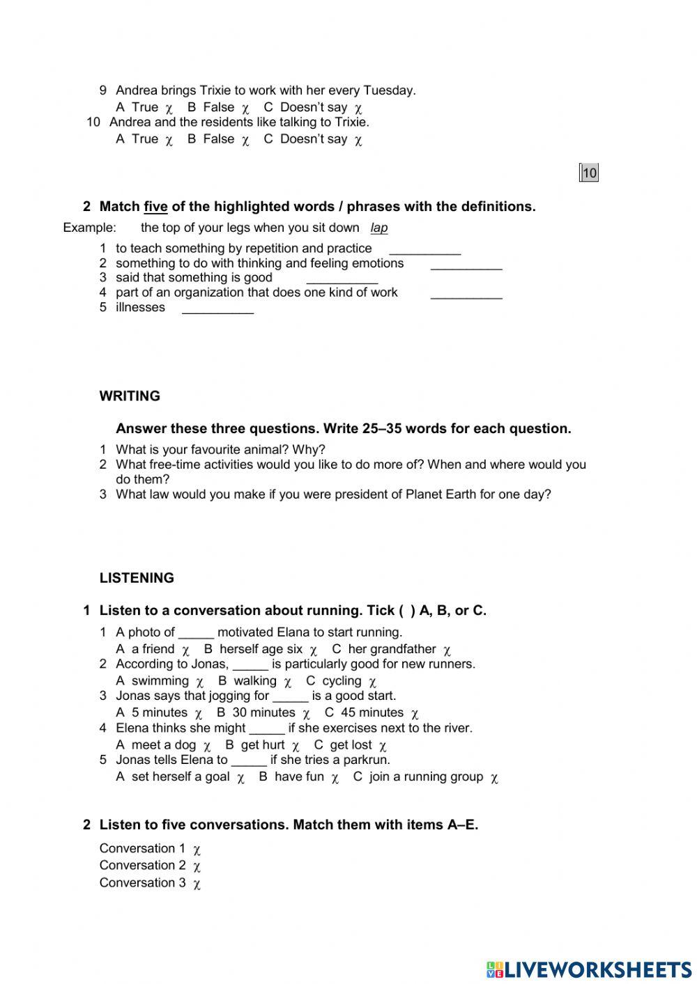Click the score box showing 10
click(x=589, y=173)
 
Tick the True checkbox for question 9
click(x=169, y=109)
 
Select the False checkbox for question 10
click(x=245, y=141)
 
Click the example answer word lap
click(x=379, y=228)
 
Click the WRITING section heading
click(x=130, y=396)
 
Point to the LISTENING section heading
click(x=137, y=578)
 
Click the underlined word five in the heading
click(x=155, y=207)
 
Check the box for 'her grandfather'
click(x=447, y=651)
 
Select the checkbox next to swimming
click(x=200, y=682)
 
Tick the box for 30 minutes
click(x=306, y=714)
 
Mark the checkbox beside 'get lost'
click(x=383, y=747)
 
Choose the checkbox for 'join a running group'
click(x=494, y=779)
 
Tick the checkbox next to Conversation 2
click(x=197, y=867)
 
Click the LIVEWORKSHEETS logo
click(x=589, y=969)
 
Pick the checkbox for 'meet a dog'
click(x=207, y=747)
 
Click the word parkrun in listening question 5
click(x=367, y=760)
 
